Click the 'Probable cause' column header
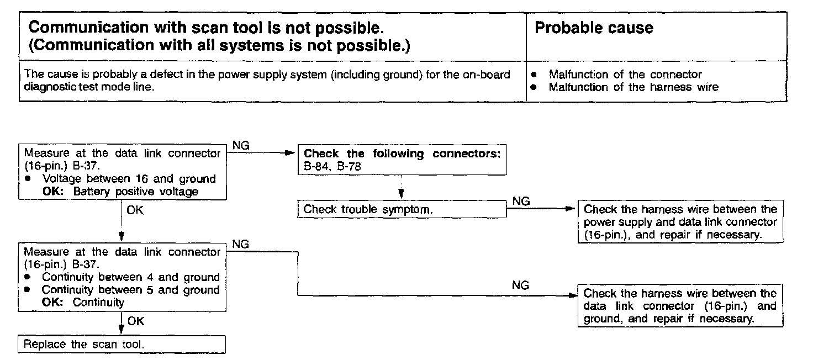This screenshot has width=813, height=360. coord(594,28)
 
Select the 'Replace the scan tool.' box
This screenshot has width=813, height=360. coord(122,345)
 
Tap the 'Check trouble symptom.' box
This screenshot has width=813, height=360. coord(402,210)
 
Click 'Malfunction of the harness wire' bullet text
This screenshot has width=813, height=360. coord(633,87)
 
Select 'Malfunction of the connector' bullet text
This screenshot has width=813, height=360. coord(625,75)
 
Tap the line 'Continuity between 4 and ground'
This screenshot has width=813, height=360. coord(130,277)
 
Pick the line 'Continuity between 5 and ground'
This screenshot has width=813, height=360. coord(130,290)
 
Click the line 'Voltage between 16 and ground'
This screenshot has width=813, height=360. coord(129,179)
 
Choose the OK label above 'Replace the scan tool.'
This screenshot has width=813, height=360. coord(135,321)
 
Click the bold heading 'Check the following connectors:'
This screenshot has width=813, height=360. coord(402,153)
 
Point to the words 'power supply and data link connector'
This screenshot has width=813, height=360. coord(680,222)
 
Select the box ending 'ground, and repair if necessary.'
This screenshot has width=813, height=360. coord(680,305)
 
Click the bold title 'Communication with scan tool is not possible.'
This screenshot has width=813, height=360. coord(205,28)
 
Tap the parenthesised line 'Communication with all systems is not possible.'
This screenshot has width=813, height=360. coord(219,45)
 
